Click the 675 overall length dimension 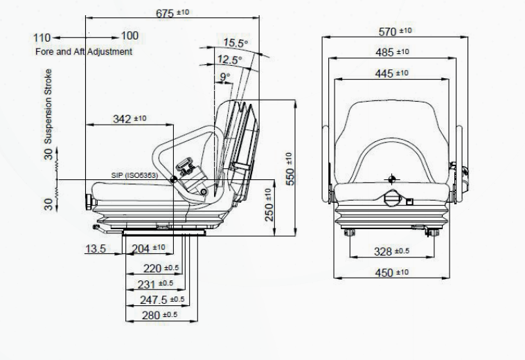pyautogui.click(x=172, y=13)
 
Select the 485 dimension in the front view pyautogui.click(x=392, y=52)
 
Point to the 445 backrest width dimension pyautogui.click(x=392, y=73)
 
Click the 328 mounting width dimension pyautogui.click(x=391, y=251)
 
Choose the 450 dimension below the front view pyautogui.click(x=392, y=273)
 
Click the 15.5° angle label pyautogui.click(x=235, y=43)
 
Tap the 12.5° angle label pyautogui.click(x=229, y=60)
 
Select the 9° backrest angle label pyautogui.click(x=225, y=77)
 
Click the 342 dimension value pyautogui.click(x=130, y=119)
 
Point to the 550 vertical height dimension pyautogui.click(x=290, y=169)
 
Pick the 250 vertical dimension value pyautogui.click(x=269, y=205)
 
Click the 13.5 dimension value pyautogui.click(x=96, y=249)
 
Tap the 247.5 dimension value pyautogui.click(x=162, y=300)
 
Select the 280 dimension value pyautogui.click(x=160, y=315)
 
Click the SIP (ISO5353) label pyautogui.click(x=134, y=175)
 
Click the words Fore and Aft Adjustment pyautogui.click(x=84, y=51)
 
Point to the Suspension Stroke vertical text pyautogui.click(x=48, y=107)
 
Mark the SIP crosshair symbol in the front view pyautogui.click(x=392, y=179)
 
